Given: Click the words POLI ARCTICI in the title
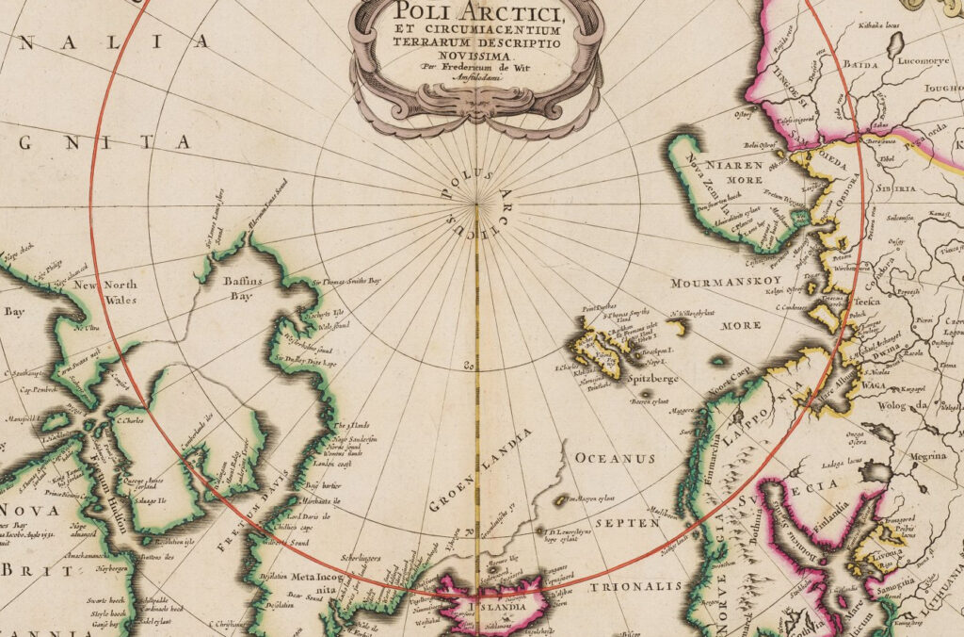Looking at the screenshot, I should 476,13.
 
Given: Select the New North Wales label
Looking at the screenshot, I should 106,293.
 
